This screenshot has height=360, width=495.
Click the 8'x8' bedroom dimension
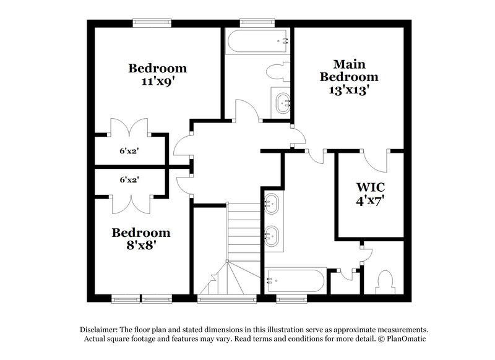[x=141, y=245]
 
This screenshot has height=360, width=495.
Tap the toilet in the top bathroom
[x=278, y=72]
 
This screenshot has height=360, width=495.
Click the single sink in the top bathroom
[x=282, y=101]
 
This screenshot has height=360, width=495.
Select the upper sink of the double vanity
[x=272, y=202]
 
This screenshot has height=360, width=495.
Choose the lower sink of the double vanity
[x=272, y=234]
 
